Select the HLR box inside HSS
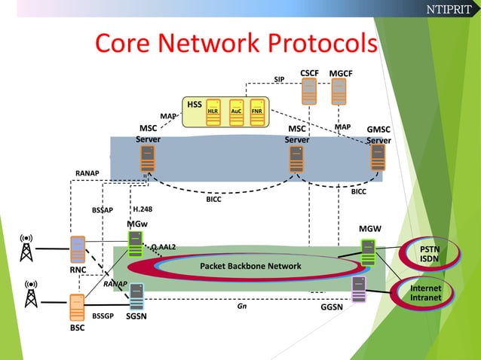213,110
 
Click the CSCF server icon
309,91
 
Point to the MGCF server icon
340,91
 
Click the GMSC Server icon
378,158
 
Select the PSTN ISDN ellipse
429,255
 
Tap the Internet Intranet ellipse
426,294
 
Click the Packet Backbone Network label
250,266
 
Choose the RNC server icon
77,249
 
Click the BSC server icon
76,308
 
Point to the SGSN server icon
136,296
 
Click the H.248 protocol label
142,209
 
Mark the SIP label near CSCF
279,79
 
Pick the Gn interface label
241,307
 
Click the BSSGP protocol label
103,318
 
